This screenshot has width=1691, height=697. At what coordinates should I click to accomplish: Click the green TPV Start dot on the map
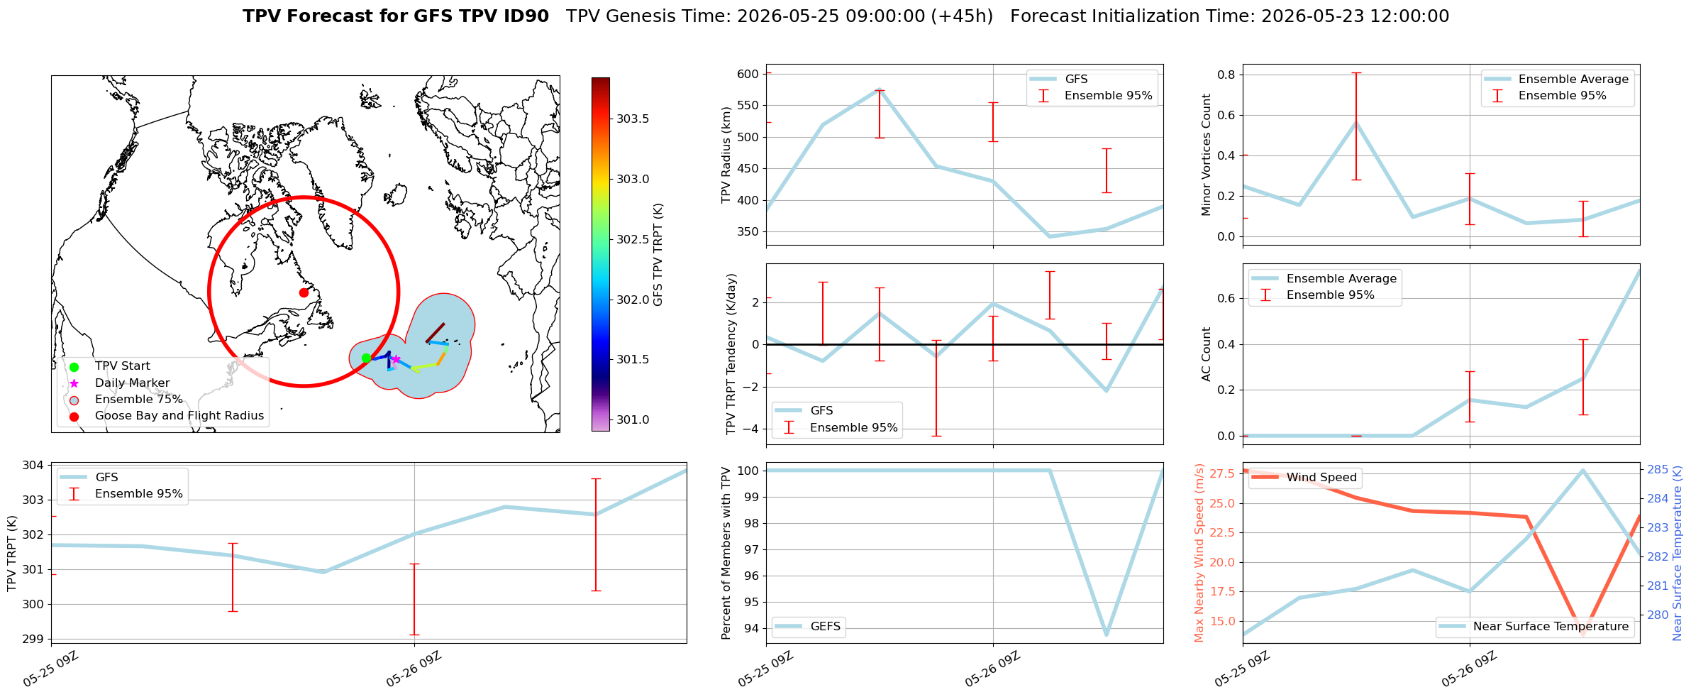[x=366, y=358]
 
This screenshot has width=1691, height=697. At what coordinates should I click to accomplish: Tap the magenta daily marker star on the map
[x=396, y=359]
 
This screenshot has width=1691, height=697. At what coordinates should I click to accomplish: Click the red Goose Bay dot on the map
[x=304, y=292]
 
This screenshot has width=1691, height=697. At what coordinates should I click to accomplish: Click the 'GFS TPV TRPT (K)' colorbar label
[x=658, y=255]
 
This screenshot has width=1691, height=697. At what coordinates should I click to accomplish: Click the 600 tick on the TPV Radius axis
[x=750, y=74]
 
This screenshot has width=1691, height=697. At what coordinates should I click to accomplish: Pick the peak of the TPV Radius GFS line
[x=880, y=89]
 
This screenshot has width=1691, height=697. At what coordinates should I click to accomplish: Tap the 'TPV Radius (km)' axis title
[x=726, y=155]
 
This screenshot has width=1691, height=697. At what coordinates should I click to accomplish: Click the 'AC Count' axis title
[x=1206, y=354]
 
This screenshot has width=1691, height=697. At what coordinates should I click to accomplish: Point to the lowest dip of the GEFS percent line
[x=1107, y=635]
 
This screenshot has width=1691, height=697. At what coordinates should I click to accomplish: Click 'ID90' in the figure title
[x=525, y=16]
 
